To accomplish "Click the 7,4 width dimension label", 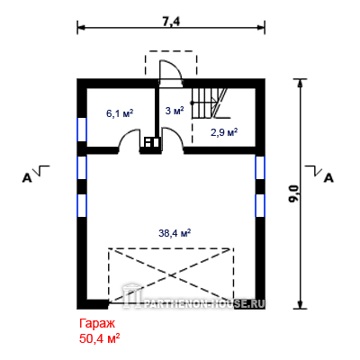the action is [171, 22].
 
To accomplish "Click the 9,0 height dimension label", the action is [294, 193].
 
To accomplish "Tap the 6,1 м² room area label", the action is [120, 113].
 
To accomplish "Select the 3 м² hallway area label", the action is [175, 111].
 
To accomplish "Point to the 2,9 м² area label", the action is [224, 132].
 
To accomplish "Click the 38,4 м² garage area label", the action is [175, 233].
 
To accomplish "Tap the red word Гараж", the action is [97, 324].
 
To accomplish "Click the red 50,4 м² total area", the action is [100, 338].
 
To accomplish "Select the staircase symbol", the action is [209, 103].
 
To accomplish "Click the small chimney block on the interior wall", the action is [151, 142].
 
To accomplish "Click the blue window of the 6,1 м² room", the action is [82, 130].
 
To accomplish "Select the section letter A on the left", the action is [27, 178].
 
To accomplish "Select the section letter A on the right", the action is [329, 178].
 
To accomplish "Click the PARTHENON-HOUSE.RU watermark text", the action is [205, 304].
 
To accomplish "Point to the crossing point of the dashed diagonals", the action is [171, 274].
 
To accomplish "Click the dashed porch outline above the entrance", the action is [171, 62].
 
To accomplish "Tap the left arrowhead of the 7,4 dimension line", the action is [80, 27].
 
